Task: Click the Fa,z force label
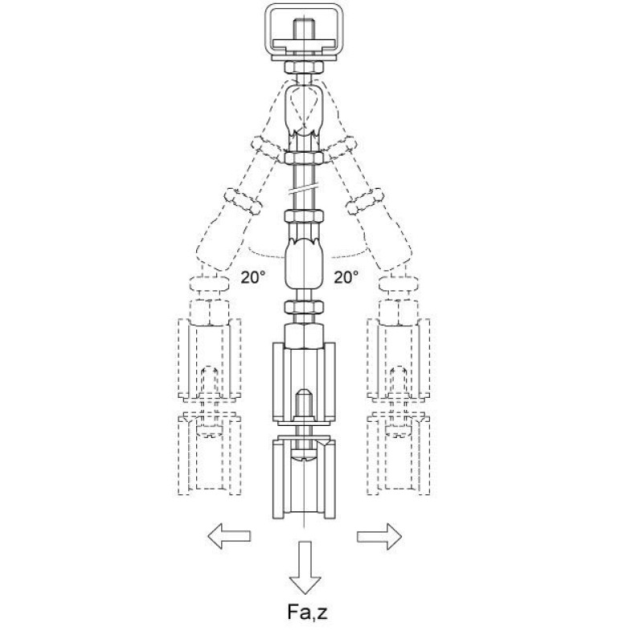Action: (307, 612)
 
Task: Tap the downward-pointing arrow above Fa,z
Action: (305, 567)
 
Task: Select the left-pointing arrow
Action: (229, 536)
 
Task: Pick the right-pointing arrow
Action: (379, 536)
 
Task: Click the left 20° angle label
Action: (252, 277)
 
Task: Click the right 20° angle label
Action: (346, 277)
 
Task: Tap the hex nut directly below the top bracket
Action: (304, 67)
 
